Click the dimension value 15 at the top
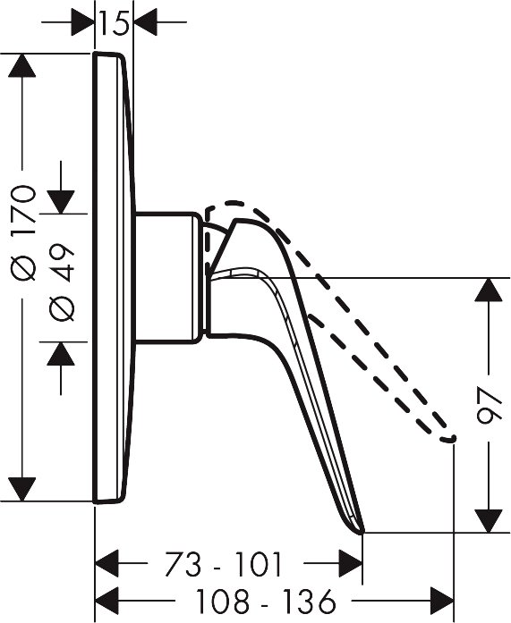click(x=115, y=23)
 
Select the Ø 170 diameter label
click(x=23, y=233)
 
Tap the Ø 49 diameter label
click(x=61, y=282)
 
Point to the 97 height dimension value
click(x=490, y=406)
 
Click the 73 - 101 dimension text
click(x=224, y=564)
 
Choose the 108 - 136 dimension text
click(x=267, y=601)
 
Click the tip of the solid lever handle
click(x=362, y=532)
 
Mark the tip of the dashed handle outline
click(x=453, y=438)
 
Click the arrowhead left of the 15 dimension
click(x=82, y=22)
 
